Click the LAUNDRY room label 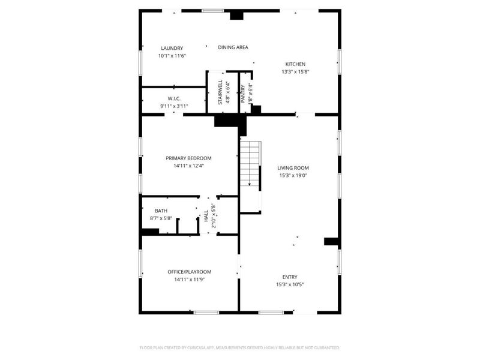click(x=172, y=49)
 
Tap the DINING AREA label click(x=233, y=47)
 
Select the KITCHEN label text click(x=295, y=64)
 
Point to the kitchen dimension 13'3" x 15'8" click(x=295, y=71)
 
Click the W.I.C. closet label click(x=174, y=98)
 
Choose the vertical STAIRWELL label click(x=220, y=92)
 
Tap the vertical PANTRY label click(x=243, y=95)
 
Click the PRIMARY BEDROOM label click(x=188, y=158)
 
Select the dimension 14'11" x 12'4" click(x=188, y=166)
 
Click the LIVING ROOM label click(x=293, y=168)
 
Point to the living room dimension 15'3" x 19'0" click(x=293, y=176)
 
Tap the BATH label click(x=161, y=211)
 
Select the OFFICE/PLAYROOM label click(x=189, y=272)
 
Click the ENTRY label click(x=290, y=277)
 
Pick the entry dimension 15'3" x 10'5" click(x=290, y=284)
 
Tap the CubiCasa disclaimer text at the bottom click(x=239, y=347)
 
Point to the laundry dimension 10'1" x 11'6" click(x=172, y=56)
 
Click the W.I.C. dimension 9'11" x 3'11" click(x=174, y=106)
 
